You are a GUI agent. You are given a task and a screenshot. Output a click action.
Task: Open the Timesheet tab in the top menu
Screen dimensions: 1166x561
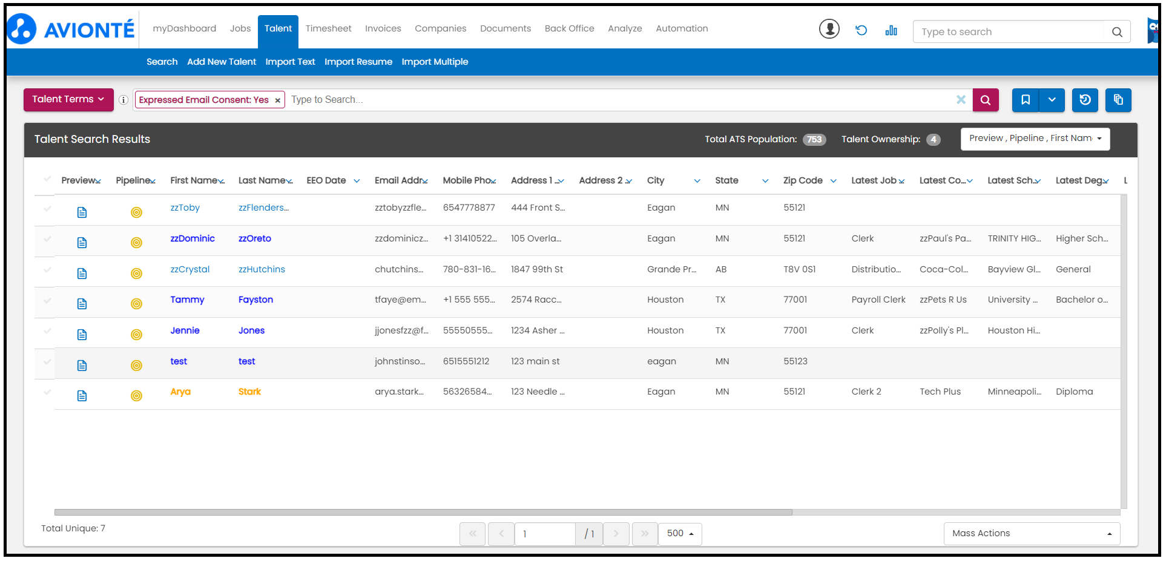pyautogui.click(x=328, y=28)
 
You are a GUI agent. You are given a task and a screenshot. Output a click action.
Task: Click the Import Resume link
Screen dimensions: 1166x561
pyautogui.click(x=358, y=62)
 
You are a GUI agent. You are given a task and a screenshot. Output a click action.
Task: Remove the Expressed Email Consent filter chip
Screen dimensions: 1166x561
pyautogui.click(x=277, y=100)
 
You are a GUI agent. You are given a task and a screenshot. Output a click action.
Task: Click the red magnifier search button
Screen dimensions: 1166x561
pyautogui.click(x=986, y=100)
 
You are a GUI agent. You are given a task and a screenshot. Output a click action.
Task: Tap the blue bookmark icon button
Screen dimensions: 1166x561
pyautogui.click(x=1026, y=100)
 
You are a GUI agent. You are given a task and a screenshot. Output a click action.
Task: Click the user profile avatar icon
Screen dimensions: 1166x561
pyautogui.click(x=829, y=28)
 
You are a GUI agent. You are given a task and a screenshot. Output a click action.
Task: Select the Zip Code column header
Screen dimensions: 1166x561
pyautogui.click(x=803, y=180)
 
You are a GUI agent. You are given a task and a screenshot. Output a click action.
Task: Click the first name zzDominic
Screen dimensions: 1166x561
pyautogui.click(x=193, y=238)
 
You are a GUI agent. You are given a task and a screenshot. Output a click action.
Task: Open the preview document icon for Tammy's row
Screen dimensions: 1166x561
pyautogui.click(x=82, y=304)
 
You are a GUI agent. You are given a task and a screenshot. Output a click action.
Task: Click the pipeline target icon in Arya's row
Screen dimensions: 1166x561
pyautogui.click(x=137, y=396)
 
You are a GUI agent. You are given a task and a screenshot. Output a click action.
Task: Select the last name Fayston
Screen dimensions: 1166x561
pyautogui.click(x=255, y=300)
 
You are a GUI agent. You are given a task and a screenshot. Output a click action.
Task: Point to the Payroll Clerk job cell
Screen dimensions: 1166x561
pyautogui.click(x=878, y=300)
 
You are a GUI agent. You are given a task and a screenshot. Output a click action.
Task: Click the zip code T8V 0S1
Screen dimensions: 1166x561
pyautogui.click(x=800, y=269)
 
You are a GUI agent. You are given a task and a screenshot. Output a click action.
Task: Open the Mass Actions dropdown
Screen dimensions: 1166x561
pyautogui.click(x=1032, y=533)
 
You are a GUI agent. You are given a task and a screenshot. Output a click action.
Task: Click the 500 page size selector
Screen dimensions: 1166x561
pyautogui.click(x=680, y=534)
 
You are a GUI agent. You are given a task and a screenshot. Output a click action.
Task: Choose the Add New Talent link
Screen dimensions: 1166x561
pyautogui.click(x=222, y=62)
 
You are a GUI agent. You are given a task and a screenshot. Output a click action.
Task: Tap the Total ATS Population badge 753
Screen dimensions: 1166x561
pyautogui.click(x=814, y=139)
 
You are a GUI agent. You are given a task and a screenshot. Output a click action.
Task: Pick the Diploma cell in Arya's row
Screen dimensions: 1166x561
pyautogui.click(x=1075, y=392)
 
